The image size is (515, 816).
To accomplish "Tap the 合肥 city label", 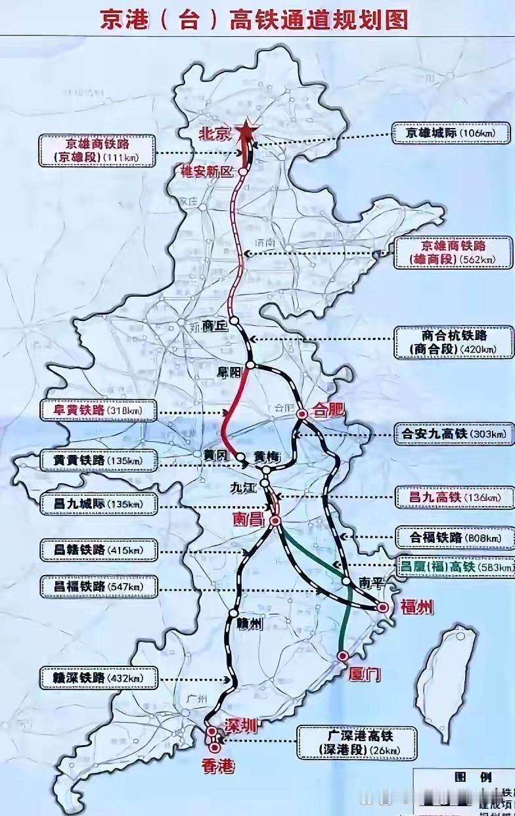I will (x=328, y=412).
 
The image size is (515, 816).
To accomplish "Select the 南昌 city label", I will (x=247, y=519).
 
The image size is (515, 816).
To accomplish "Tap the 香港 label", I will (x=218, y=766).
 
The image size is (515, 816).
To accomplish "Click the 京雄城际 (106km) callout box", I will (x=452, y=133).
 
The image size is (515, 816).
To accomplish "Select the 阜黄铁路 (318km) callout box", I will (x=99, y=412).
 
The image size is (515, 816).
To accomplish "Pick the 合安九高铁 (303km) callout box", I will (x=453, y=433).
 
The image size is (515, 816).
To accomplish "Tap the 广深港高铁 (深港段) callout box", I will (x=357, y=742).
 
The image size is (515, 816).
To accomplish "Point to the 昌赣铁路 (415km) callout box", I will (x=99, y=549).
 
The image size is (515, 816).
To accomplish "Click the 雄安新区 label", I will (x=208, y=172).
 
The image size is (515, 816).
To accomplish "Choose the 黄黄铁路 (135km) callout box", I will (x=99, y=460).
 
